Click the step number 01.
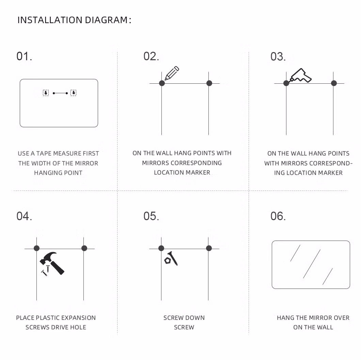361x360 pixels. [x=24, y=56]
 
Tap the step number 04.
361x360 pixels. [x=24, y=216]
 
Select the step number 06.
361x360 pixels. [x=278, y=216]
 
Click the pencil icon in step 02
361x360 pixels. [x=172, y=73]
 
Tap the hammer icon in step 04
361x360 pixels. [x=52, y=263]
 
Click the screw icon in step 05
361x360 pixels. [x=171, y=259]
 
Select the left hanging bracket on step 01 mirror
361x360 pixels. [x=46, y=93]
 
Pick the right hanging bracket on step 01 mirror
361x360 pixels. [x=74, y=93]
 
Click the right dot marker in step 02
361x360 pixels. [x=209, y=83]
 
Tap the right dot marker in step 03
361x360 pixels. [x=334, y=83]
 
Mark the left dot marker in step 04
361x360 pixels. [x=36, y=248]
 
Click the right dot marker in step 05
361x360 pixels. [x=209, y=248]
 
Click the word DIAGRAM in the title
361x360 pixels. [x=106, y=20]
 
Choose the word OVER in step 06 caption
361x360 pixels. [x=342, y=318]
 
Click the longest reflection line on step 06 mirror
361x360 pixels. [x=312, y=264]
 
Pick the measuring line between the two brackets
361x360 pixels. [x=60, y=93]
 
